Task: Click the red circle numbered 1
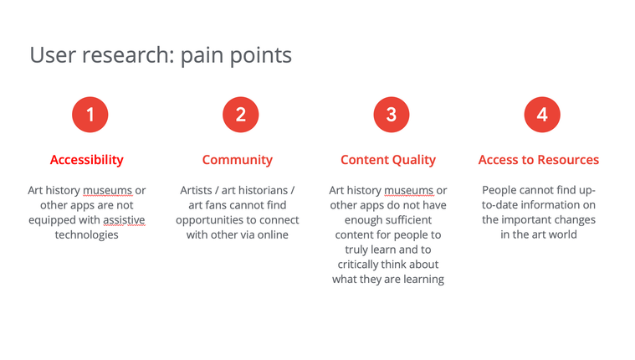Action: (x=90, y=115)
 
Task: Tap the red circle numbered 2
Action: (x=241, y=115)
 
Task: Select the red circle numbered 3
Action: (x=392, y=115)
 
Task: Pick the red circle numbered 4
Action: (x=542, y=115)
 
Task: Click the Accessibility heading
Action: (x=87, y=160)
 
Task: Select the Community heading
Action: (x=238, y=160)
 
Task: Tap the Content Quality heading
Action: (x=388, y=160)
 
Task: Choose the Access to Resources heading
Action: (x=539, y=160)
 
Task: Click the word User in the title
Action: (x=53, y=54)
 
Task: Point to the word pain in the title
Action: (x=202, y=55)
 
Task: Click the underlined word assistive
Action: (x=124, y=219)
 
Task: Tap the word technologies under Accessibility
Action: (x=87, y=234)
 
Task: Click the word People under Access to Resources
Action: (x=499, y=190)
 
